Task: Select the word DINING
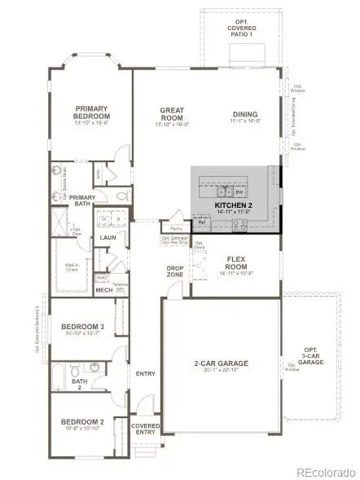pyautogui.click(x=244, y=115)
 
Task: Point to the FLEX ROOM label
pyautogui.click(x=236, y=262)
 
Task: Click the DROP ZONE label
pyautogui.click(x=173, y=271)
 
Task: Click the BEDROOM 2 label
pyautogui.click(x=81, y=421)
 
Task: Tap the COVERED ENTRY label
pyautogui.click(x=146, y=429)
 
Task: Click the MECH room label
pyautogui.click(x=103, y=289)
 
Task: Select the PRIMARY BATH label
pyautogui.click(x=82, y=200)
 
